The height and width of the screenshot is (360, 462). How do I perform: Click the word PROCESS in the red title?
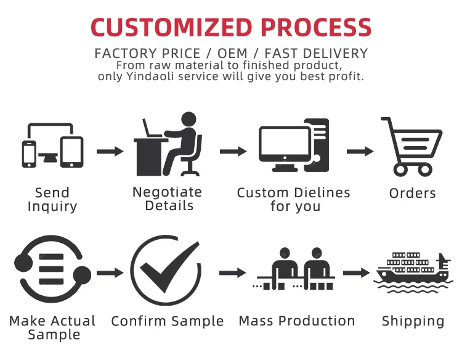[x=317, y=27]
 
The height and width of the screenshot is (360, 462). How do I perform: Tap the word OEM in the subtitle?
[x=229, y=54]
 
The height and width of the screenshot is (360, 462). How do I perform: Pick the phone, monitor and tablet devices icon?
[x=52, y=146]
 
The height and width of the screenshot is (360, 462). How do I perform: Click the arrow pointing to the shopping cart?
[x=360, y=151]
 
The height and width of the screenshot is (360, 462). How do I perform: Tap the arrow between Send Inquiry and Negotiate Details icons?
[x=110, y=151]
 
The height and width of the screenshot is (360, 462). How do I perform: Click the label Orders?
[x=412, y=193]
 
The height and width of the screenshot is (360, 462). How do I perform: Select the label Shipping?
[x=413, y=321]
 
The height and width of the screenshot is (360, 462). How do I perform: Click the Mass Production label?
[x=296, y=321]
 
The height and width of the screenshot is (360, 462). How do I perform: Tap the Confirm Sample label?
[x=167, y=321]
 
